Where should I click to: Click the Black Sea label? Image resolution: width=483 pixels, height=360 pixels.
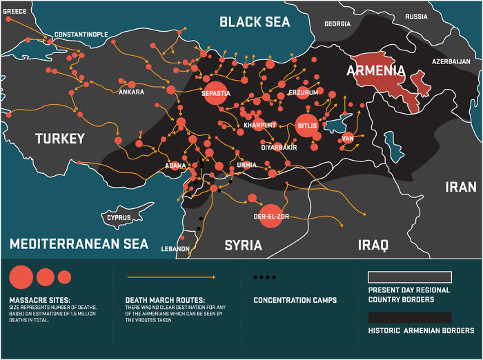[254, 22]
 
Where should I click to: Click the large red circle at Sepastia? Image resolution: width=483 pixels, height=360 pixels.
[216, 93]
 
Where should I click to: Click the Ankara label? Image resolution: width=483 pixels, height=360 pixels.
[131, 92]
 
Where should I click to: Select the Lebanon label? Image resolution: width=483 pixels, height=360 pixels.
[175, 248]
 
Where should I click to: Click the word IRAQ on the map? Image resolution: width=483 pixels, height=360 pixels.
[373, 245]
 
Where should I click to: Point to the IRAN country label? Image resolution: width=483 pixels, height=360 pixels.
[460, 187]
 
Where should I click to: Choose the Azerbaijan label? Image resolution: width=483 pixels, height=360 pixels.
[451, 61]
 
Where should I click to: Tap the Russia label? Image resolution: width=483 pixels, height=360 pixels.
[416, 17]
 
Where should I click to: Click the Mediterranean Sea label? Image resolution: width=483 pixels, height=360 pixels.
[79, 243]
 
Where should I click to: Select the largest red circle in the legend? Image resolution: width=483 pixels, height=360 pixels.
[21, 277]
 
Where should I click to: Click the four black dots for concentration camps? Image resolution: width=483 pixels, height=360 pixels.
[264, 277]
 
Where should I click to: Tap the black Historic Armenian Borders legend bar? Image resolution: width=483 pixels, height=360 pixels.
[410, 317]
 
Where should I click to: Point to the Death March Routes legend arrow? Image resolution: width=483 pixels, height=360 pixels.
[170, 277]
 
